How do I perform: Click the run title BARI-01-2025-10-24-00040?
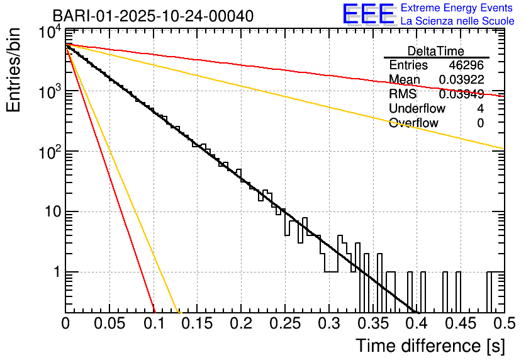(x=153, y=16)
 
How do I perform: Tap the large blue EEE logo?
(x=368, y=14)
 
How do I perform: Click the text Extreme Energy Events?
(x=457, y=8)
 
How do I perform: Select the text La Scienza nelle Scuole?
(x=457, y=21)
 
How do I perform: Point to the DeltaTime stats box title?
(x=436, y=51)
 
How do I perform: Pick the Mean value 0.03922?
(x=461, y=80)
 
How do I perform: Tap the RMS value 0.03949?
(x=461, y=94)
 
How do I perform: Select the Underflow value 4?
(x=480, y=109)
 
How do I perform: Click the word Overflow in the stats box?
(x=413, y=123)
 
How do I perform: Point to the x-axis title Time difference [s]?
(x=429, y=346)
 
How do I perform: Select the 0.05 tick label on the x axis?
(x=109, y=324)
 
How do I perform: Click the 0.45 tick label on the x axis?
(x=459, y=324)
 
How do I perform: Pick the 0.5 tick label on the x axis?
(x=503, y=324)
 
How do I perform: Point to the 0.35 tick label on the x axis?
(x=372, y=324)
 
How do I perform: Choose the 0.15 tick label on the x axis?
(x=196, y=324)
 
